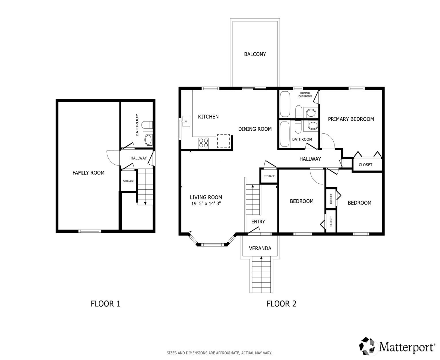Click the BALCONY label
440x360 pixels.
pyautogui.click(x=255, y=54)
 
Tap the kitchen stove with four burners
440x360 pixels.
pyautogui.click(x=203, y=143)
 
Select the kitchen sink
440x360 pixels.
pyautogui.click(x=186, y=121)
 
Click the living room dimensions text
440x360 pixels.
pyautogui.click(x=206, y=203)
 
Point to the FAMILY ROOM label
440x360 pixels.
pyautogui.click(x=89, y=173)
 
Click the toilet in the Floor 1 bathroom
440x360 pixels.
pyautogui.click(x=147, y=125)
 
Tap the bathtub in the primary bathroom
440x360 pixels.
pyautogui.click(x=285, y=104)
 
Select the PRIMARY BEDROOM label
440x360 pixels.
pyautogui.click(x=351, y=119)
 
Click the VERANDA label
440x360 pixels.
pyautogui.click(x=260, y=248)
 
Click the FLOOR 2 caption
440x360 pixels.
pyautogui.click(x=281, y=304)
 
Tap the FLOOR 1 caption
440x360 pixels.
pyautogui.click(x=105, y=304)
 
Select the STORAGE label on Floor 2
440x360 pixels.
pyautogui.click(x=269, y=176)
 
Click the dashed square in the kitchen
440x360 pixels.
pyautogui.click(x=223, y=141)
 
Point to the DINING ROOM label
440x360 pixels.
pyautogui.click(x=255, y=129)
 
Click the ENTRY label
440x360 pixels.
pyautogui.click(x=258, y=222)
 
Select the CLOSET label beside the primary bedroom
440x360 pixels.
pyautogui.click(x=365, y=165)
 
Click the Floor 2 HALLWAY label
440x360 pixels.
pyautogui.click(x=310, y=159)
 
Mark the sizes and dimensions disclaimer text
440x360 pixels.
pyautogui.click(x=219, y=353)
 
